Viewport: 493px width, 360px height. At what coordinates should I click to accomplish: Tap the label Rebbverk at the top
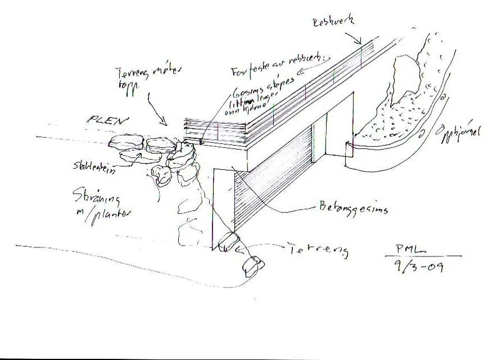[334, 22]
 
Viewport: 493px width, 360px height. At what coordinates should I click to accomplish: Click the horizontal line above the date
[427, 256]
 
